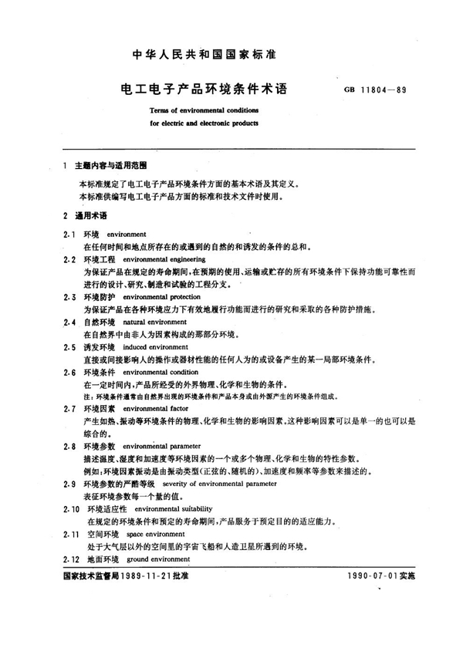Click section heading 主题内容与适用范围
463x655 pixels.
point(110,166)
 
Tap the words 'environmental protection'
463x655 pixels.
point(161,296)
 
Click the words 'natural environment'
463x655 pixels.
point(151,320)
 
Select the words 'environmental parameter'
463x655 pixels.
point(161,445)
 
